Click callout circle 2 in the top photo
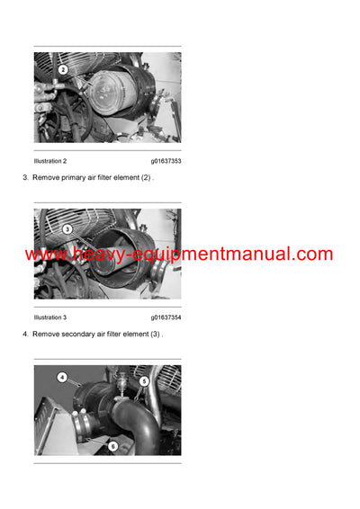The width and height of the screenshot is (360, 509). pos(63,69)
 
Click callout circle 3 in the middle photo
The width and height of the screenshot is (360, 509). pos(67,228)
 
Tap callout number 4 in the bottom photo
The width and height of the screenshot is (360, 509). pos(62,378)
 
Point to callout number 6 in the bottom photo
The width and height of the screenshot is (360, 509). pos(113,445)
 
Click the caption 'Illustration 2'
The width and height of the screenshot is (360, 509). pos(50,161)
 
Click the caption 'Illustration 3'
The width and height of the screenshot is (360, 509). pos(50,317)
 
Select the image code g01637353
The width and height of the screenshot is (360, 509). pos(166,161)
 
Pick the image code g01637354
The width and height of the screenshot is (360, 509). pos(166,317)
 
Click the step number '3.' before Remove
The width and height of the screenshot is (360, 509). pos(25,178)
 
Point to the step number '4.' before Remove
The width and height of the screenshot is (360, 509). pos(25,335)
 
